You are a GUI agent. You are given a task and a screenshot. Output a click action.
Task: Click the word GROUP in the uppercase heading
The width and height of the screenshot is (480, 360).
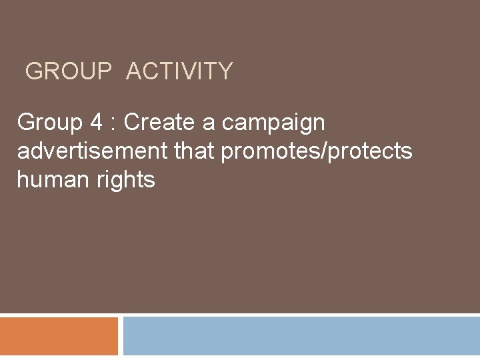tap(69, 71)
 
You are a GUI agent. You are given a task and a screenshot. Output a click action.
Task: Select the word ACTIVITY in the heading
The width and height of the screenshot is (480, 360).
tap(179, 71)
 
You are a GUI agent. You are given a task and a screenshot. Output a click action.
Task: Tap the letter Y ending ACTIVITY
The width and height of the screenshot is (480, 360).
tap(225, 71)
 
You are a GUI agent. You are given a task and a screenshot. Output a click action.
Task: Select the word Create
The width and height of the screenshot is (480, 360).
tap(157, 123)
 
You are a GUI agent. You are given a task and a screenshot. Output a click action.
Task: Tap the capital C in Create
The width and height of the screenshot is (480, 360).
tap(132, 123)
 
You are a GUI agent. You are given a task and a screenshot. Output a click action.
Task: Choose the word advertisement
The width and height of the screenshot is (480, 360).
tap(93, 151)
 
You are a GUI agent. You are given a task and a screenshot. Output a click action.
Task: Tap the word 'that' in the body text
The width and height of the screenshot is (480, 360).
tap(195, 151)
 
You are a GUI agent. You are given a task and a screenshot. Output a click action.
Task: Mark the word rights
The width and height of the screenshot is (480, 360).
tap(127, 181)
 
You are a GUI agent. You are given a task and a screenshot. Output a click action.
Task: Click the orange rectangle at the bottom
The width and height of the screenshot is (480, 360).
tap(59, 336)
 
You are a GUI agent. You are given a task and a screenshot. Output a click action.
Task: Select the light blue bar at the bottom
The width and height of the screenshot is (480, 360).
tap(301, 336)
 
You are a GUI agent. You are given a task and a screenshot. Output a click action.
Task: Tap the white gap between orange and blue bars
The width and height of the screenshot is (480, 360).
tap(121, 336)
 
